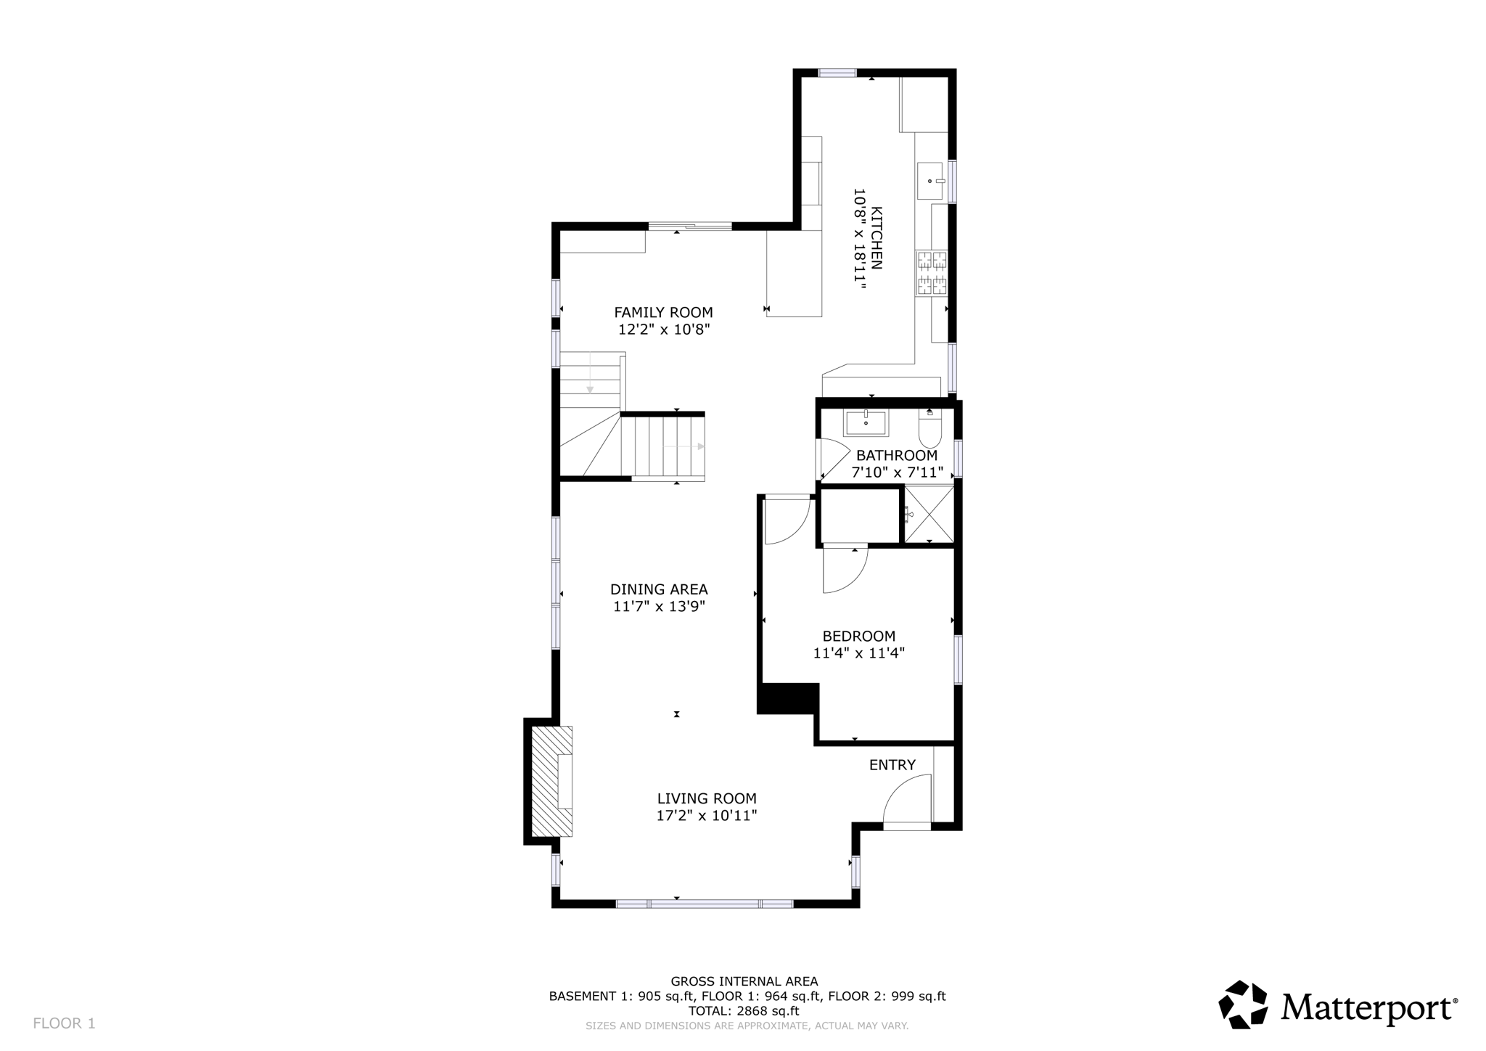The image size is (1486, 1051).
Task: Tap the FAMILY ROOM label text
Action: tap(663, 313)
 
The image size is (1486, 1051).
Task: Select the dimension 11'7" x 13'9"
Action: tap(659, 607)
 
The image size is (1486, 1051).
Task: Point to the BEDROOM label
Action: tap(858, 637)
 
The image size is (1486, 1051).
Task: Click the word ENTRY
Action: tap(892, 765)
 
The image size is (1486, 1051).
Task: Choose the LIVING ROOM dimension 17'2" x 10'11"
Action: tap(707, 816)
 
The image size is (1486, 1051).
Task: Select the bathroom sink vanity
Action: tap(866, 422)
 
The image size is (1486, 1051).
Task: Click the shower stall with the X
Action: tap(929, 515)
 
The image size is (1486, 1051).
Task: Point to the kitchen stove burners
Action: tap(932, 273)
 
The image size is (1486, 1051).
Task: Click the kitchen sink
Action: tap(930, 181)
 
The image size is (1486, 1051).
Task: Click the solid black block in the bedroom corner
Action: tap(788, 698)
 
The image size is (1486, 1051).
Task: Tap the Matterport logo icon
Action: tap(1243, 1005)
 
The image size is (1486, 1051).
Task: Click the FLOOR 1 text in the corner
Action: tap(64, 1023)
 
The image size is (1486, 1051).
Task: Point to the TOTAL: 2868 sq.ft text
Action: tap(747, 1011)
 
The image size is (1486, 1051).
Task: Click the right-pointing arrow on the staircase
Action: tap(700, 446)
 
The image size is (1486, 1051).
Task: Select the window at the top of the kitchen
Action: tap(837, 73)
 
